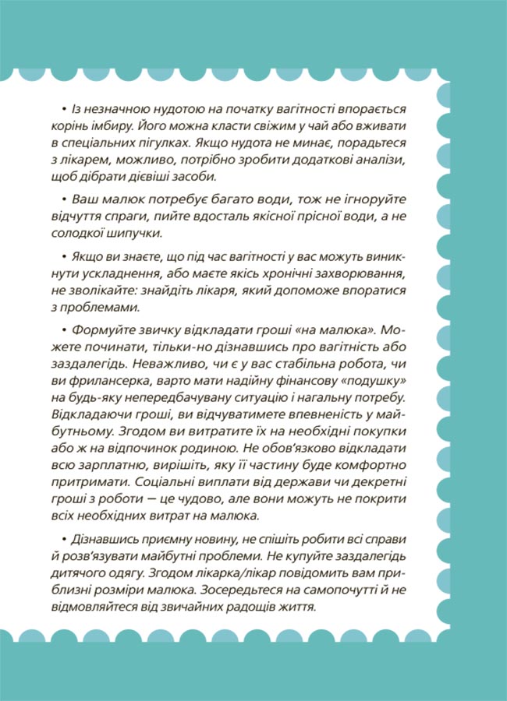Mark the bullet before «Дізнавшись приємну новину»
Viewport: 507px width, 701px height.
61,539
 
